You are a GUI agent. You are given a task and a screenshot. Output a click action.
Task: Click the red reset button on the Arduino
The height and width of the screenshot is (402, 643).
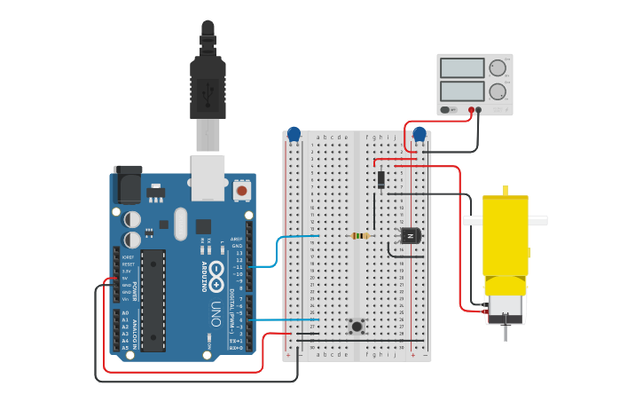coord(241,190)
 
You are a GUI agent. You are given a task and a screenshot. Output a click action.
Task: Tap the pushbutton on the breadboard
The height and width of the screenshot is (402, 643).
coord(357,326)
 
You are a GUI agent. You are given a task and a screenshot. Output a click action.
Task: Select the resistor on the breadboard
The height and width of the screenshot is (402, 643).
coord(359,235)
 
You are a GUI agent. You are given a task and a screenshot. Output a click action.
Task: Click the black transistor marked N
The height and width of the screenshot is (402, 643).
coord(410,235)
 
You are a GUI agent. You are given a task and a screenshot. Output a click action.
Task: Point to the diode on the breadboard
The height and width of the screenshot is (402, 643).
coord(381,179)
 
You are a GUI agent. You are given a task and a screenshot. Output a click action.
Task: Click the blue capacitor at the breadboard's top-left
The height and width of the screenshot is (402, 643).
coord(294,134)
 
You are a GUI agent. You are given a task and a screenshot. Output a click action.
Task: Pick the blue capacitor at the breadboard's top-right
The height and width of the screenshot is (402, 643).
coord(420,134)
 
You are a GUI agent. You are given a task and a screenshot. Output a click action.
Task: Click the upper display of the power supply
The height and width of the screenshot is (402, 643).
coord(462,68)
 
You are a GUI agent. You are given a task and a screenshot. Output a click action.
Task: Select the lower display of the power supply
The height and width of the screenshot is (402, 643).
coord(462,91)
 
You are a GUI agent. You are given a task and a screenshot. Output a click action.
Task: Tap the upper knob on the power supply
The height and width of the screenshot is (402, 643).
coord(498,68)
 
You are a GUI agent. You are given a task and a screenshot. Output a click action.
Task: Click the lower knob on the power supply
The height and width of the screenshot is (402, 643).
coord(498,91)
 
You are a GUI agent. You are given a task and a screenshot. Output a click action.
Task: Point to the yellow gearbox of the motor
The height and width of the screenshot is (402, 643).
coord(506,235)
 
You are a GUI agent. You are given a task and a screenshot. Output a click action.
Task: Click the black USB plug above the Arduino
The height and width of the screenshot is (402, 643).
coord(208,84)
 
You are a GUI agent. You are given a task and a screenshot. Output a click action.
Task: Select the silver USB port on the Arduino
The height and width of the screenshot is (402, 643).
coord(208,177)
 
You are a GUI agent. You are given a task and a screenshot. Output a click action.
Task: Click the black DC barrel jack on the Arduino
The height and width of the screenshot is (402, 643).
coord(128,186)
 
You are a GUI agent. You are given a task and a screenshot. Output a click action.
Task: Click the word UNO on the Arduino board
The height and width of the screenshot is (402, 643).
coord(216,313)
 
